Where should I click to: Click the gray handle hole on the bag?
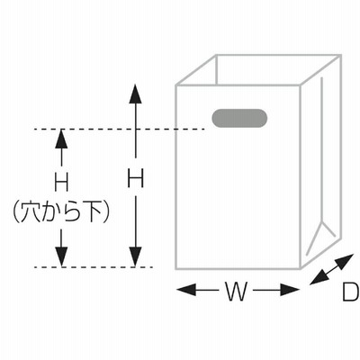(x=239, y=118)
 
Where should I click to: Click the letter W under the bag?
(x=236, y=292)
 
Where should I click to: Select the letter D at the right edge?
(x=351, y=292)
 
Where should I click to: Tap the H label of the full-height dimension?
(x=136, y=178)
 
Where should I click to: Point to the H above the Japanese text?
(x=62, y=183)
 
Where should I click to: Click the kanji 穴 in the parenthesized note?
(x=31, y=212)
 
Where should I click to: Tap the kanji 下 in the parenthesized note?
(x=94, y=212)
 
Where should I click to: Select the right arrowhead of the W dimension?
(x=290, y=290)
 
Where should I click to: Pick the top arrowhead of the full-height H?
(x=136, y=94)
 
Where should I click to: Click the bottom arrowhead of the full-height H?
(x=136, y=257)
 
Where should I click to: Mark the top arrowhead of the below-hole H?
(x=62, y=139)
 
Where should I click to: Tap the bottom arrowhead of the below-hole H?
(x=62, y=257)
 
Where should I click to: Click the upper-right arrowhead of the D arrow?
(x=346, y=260)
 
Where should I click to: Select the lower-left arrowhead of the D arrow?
(x=318, y=278)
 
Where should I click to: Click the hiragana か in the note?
(x=51, y=213)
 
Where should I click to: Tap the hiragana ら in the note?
(x=72, y=213)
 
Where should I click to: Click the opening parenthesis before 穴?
(x=16, y=213)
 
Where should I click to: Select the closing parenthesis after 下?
(x=106, y=213)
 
